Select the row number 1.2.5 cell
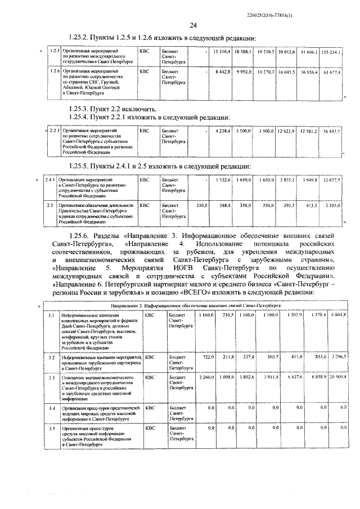click(x=55, y=52)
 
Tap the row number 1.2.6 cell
click(x=55, y=72)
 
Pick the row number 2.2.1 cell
click(x=55, y=130)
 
